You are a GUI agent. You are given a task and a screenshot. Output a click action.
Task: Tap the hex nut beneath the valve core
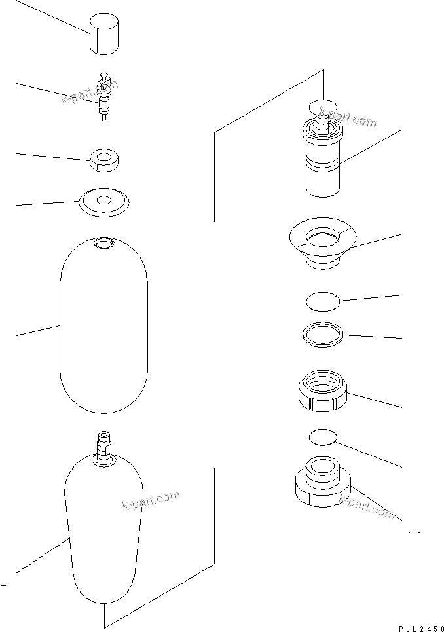103,160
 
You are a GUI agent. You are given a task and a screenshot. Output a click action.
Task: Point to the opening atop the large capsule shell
103,244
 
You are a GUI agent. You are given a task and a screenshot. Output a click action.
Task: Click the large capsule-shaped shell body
103,327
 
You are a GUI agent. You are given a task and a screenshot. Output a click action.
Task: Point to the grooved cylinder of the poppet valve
322,164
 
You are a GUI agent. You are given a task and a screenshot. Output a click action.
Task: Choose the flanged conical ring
321,240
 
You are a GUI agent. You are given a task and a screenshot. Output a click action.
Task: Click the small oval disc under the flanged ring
323,301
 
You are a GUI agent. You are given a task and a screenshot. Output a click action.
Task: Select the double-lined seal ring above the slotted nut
323,334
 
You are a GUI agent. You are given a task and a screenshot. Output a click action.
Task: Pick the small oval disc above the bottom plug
322,437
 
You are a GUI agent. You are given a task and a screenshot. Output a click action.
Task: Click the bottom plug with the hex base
322,485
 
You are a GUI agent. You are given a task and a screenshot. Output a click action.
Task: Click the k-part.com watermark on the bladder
151,501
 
